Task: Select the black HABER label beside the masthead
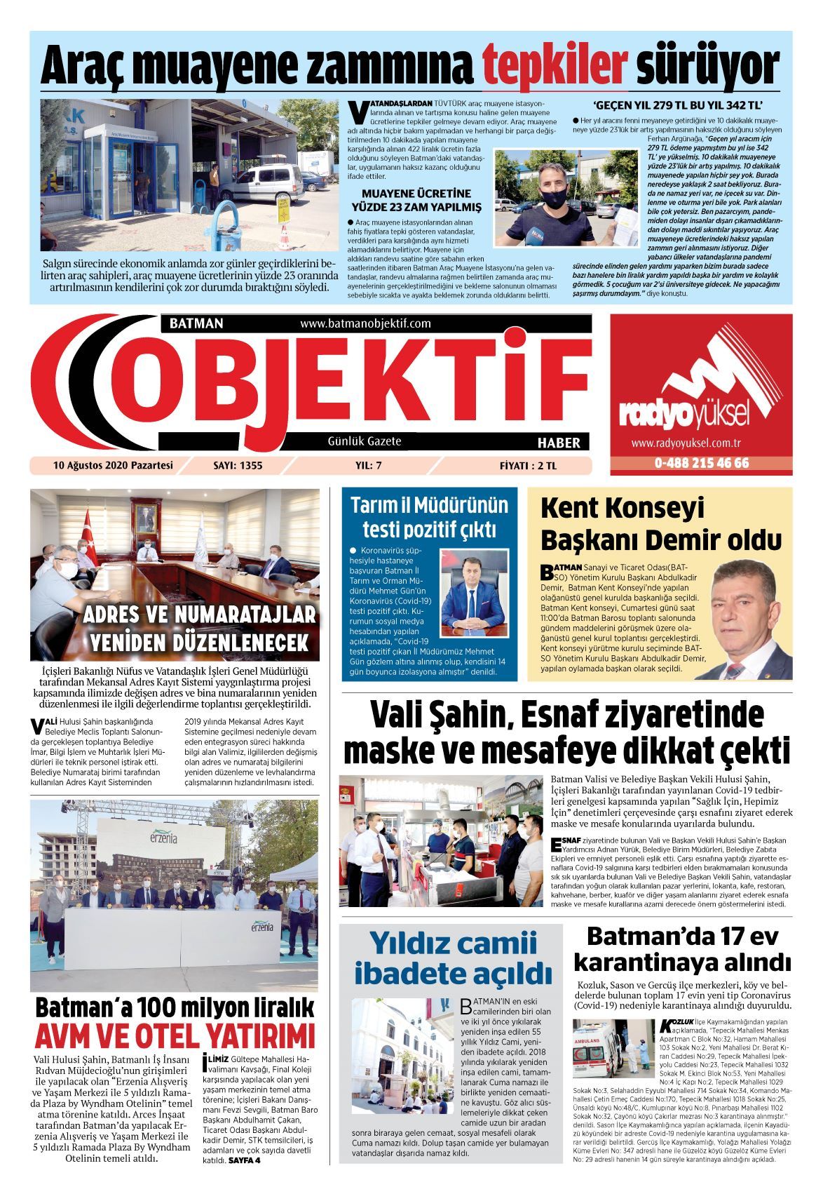pos(558,443)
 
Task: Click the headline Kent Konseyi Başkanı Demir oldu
pos(660,524)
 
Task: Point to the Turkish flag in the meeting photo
pos(88,536)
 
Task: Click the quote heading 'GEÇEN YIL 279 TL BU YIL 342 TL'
pos(678,107)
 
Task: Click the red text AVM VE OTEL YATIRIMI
pos(175,1037)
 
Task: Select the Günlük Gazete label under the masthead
pos(365,441)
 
